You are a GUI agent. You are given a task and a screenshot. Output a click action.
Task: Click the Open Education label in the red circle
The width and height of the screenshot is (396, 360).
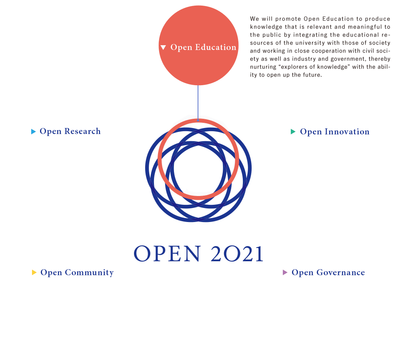pyautogui.click(x=203, y=47)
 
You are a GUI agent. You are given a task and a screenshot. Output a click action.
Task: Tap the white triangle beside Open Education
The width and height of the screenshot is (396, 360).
pyautogui.click(x=163, y=47)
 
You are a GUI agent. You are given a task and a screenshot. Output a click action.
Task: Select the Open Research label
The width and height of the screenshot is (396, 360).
pyautogui.click(x=70, y=131)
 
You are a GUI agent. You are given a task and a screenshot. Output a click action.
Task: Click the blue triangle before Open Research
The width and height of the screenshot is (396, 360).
pyautogui.click(x=34, y=132)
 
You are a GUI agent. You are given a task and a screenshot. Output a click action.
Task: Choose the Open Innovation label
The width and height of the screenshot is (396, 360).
pyautogui.click(x=334, y=132)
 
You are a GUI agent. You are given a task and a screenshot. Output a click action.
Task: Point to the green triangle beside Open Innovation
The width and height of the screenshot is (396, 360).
pyautogui.click(x=293, y=132)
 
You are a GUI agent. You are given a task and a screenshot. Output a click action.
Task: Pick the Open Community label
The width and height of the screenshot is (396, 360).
pyautogui.click(x=77, y=272)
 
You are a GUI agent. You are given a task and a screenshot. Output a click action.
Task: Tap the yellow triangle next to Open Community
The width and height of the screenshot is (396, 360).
pyautogui.click(x=34, y=272)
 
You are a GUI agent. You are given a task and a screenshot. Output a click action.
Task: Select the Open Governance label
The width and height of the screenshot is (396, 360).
pyautogui.click(x=328, y=272)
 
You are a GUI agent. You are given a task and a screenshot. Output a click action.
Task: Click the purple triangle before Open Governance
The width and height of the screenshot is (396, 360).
pyautogui.click(x=285, y=272)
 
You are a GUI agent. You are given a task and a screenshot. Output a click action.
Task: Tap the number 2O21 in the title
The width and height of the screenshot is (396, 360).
pyautogui.click(x=237, y=254)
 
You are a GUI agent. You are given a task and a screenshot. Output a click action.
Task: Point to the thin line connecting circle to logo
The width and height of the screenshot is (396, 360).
pyautogui.click(x=198, y=102)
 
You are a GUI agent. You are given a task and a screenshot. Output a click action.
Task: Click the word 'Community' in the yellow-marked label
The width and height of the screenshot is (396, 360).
pyautogui.click(x=89, y=272)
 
